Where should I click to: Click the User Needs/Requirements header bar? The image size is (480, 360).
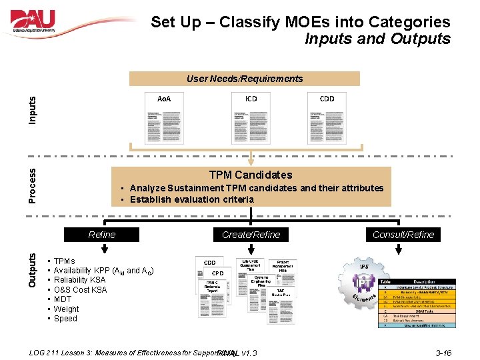point(245,79)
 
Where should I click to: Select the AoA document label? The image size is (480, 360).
point(164,99)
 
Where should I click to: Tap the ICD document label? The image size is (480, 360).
point(251,98)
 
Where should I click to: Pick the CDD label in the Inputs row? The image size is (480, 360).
point(327,98)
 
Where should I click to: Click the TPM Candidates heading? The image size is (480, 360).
point(251,175)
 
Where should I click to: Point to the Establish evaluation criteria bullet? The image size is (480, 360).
point(191,199)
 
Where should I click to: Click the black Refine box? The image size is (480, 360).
point(102,235)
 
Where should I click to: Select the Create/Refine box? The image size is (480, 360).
point(251,235)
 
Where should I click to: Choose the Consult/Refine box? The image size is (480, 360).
point(403,235)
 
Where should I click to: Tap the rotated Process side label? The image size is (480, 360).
point(32,185)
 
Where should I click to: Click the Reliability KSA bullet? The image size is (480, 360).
point(79,281)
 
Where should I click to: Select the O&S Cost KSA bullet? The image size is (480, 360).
point(80,290)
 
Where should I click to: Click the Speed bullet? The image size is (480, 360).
point(65,319)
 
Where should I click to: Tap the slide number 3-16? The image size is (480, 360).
point(443,353)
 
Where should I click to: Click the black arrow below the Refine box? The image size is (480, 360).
point(104,249)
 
